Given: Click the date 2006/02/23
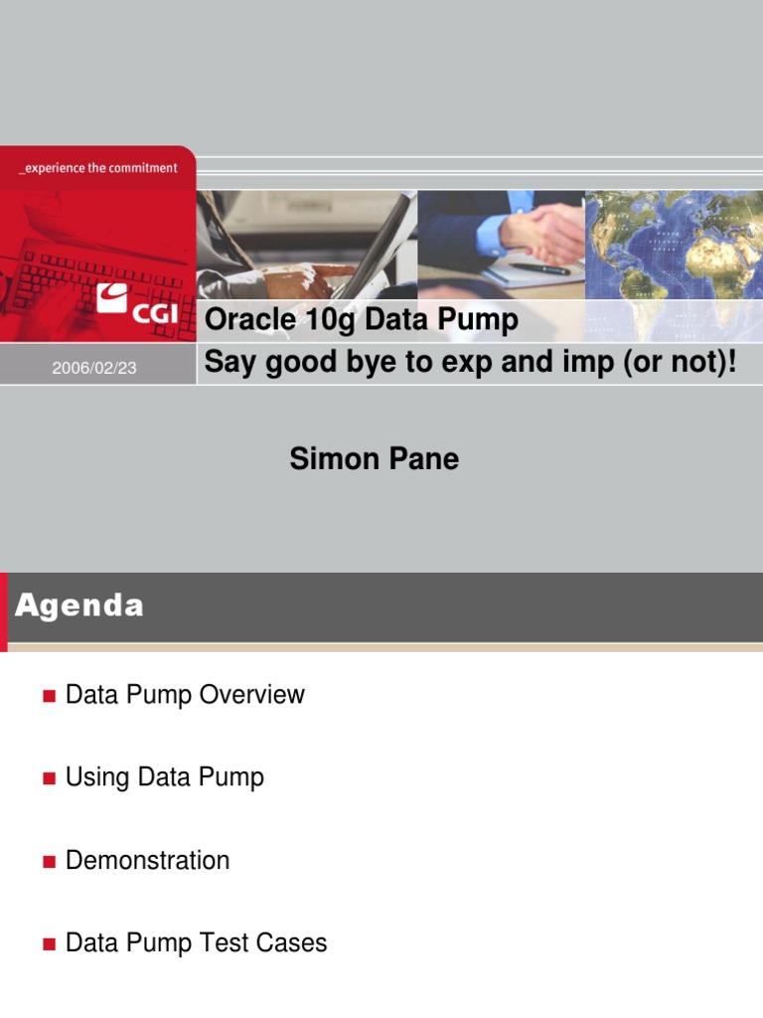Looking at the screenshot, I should point(94,368).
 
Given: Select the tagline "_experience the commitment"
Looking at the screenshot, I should point(98,168).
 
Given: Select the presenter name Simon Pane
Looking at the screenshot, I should point(374,458).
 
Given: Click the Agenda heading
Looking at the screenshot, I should point(79,605).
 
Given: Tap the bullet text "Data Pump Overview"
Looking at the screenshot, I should point(185,694).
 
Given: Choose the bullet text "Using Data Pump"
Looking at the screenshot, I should point(165,776).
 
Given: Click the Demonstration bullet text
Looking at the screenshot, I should point(147,860).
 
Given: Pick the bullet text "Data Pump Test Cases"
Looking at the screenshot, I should point(196,942).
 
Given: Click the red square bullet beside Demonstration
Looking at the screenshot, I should point(48,861).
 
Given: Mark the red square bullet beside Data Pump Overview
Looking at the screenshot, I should point(48,696).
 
